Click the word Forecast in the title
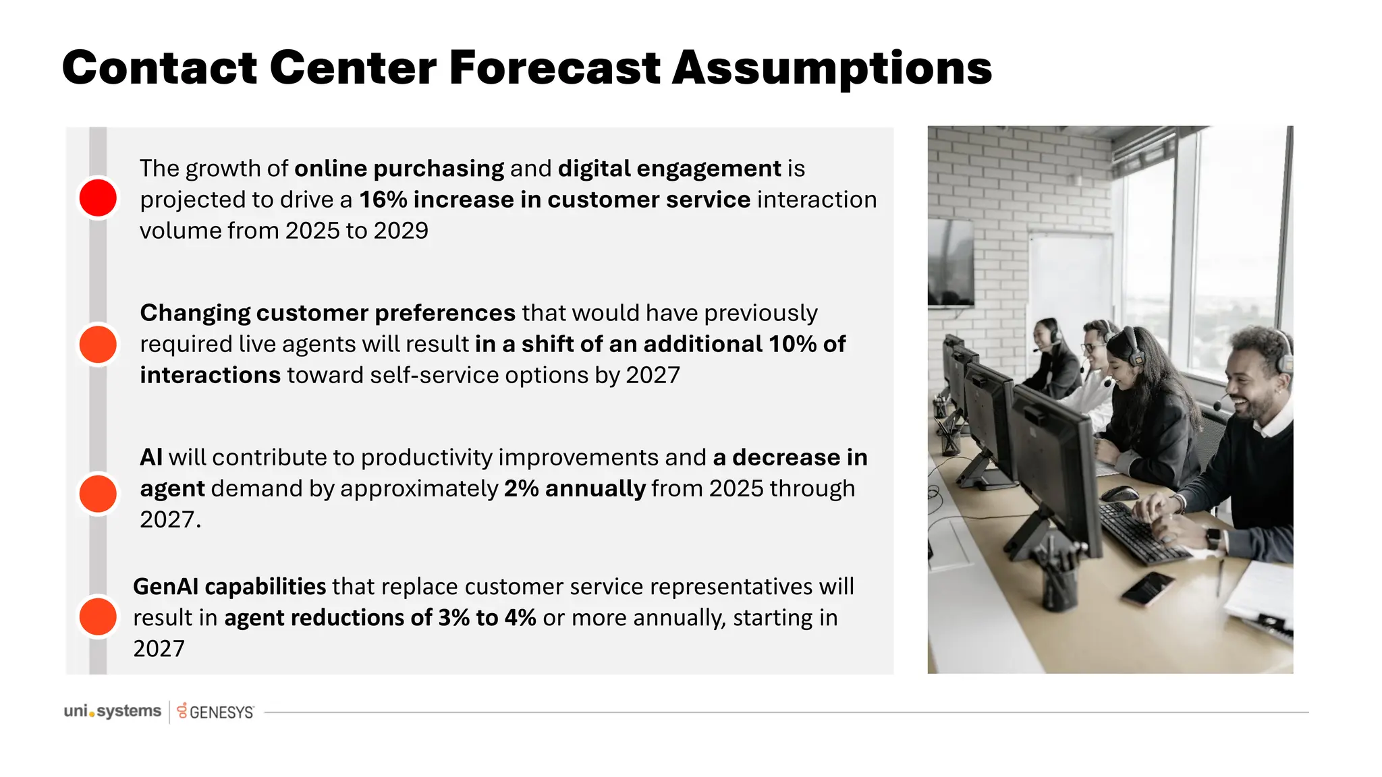point(554,68)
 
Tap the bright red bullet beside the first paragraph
point(98,198)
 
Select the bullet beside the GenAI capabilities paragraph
point(98,616)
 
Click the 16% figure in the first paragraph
point(383,200)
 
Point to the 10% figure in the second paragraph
point(793,344)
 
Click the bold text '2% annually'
point(575,488)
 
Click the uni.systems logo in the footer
point(112,711)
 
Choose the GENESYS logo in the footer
point(216,712)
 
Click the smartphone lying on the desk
point(1148,588)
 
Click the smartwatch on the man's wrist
point(1213,538)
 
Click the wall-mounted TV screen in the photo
point(950,263)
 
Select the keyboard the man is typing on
point(1140,533)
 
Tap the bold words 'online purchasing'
point(399,169)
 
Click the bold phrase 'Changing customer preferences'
point(327,313)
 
